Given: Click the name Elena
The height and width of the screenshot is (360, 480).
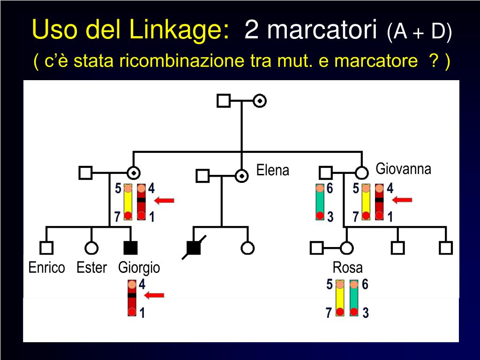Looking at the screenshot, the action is click(x=273, y=170).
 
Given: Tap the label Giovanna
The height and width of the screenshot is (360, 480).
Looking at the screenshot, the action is click(x=403, y=169).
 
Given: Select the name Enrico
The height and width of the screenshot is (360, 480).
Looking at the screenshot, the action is click(x=46, y=268).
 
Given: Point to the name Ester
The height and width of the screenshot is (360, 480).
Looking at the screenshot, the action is click(x=91, y=268).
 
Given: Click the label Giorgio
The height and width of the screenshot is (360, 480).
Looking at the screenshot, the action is click(x=139, y=268).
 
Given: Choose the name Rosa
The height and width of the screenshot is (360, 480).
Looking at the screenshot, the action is click(x=347, y=268).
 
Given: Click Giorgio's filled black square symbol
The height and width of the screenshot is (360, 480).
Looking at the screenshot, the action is click(x=130, y=247).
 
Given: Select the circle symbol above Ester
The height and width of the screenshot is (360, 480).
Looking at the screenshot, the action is click(x=91, y=247).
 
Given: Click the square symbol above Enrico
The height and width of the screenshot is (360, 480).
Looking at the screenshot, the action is click(x=46, y=247).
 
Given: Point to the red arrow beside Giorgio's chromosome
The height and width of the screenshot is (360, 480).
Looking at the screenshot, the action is click(x=154, y=295).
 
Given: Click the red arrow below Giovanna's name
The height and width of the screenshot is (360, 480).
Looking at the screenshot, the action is click(x=402, y=200).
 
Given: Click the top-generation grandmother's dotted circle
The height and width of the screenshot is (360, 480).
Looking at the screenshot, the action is click(x=260, y=100).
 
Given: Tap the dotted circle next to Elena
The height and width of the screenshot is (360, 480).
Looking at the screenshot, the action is click(x=241, y=176).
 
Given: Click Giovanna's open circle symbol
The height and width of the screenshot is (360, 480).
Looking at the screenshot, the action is click(x=361, y=172).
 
